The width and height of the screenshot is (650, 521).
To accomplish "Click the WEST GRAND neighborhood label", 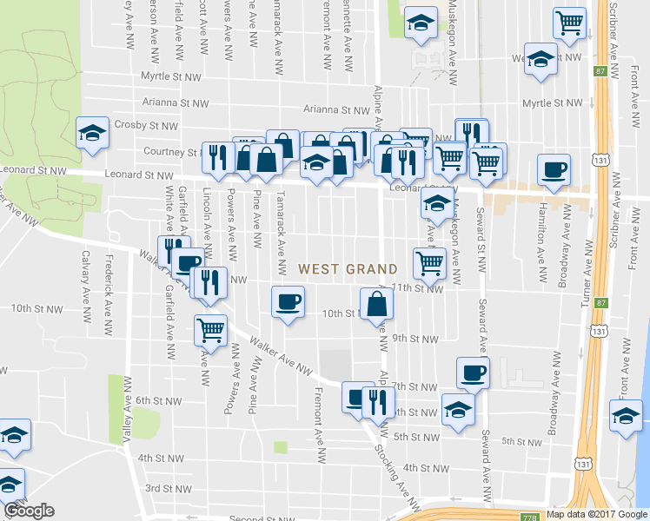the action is click(348, 269).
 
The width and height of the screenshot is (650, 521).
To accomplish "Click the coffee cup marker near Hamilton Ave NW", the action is click(553, 170).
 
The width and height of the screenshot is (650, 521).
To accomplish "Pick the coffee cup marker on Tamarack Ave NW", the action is click(288, 302).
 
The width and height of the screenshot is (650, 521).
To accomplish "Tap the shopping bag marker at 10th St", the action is click(376, 303).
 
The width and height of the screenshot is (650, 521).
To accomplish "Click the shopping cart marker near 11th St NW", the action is click(429, 262).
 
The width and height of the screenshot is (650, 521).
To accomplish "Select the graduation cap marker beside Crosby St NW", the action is click(91, 133).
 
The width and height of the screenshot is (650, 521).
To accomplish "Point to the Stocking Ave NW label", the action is click(388, 464).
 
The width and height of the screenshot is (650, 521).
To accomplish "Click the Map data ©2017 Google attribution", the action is click(596, 514).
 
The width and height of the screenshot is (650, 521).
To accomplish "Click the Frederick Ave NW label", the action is click(108, 283).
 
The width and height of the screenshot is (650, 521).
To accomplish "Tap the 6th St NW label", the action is click(157, 400).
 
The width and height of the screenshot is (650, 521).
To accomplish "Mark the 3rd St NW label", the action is click(165, 488).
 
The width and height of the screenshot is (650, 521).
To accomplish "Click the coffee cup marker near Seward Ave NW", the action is click(472, 373).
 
